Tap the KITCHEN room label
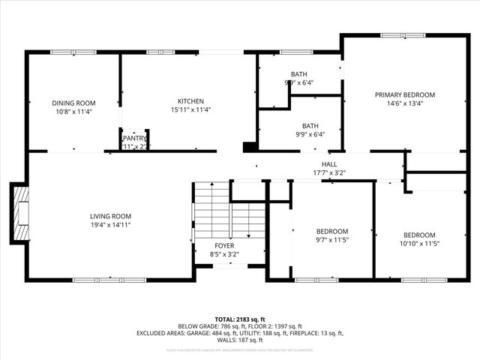(190, 101)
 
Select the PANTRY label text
(135, 138)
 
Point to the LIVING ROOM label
(111, 216)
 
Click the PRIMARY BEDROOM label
(405, 94)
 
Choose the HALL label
(329, 163)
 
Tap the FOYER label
(224, 245)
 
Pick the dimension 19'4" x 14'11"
(111, 224)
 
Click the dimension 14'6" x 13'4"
(405, 103)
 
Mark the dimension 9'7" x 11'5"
(331, 240)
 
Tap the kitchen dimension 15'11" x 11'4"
(190, 109)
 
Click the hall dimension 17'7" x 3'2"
(329, 172)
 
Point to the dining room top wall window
(63, 52)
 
